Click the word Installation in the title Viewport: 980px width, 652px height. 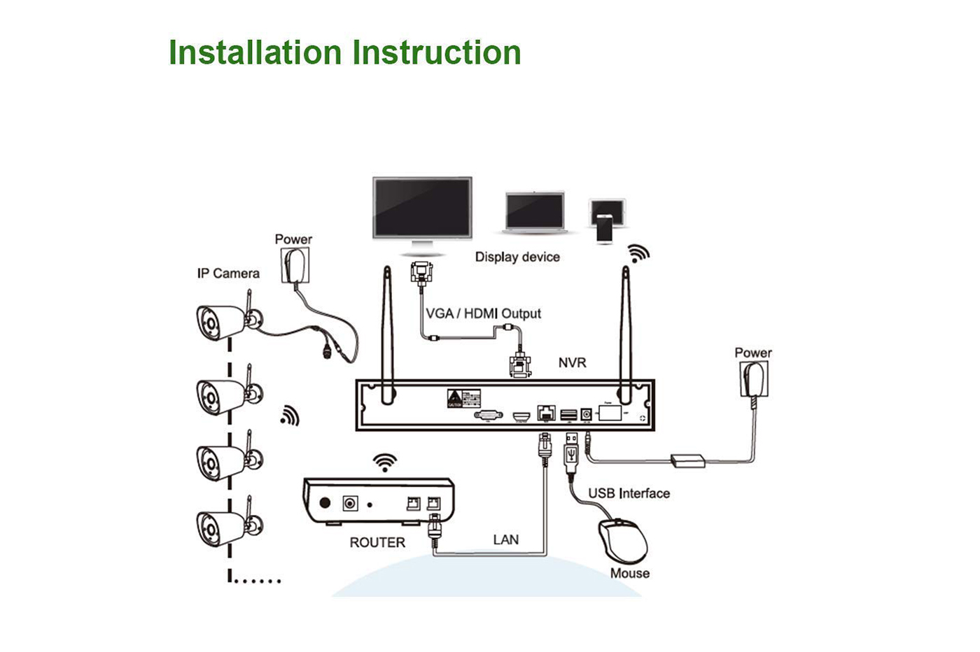coord(254,52)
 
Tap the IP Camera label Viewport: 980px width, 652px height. coord(228,274)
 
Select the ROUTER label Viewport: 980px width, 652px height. coord(377,542)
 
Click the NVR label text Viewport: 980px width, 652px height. coord(572,362)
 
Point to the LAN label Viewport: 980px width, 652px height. coord(505,539)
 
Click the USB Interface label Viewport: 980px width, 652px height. coord(629,493)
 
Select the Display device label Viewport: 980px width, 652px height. coord(517,257)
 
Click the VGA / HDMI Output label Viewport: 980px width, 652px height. coord(484,313)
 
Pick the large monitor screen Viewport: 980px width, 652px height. coord(422,208)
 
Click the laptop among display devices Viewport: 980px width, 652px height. coord(534,213)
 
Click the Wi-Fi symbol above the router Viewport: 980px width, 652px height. coord(384,462)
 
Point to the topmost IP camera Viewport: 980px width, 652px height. coord(223,322)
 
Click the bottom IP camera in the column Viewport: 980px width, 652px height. coord(223,526)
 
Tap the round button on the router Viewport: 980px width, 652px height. coord(325,503)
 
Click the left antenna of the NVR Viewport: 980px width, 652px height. coord(386,336)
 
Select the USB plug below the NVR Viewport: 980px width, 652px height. coord(571,452)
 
